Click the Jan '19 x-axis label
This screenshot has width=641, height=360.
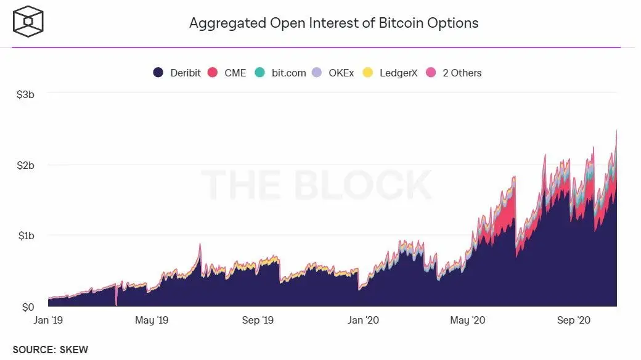point(48,320)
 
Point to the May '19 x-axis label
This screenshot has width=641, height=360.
point(152,320)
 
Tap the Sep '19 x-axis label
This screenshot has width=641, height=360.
point(258,320)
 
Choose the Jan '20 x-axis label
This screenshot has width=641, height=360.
point(364,320)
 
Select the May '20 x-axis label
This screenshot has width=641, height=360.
point(468,320)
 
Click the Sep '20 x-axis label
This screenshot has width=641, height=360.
point(574,320)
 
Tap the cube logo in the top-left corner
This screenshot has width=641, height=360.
point(28,23)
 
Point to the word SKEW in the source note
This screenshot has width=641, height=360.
point(74,350)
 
